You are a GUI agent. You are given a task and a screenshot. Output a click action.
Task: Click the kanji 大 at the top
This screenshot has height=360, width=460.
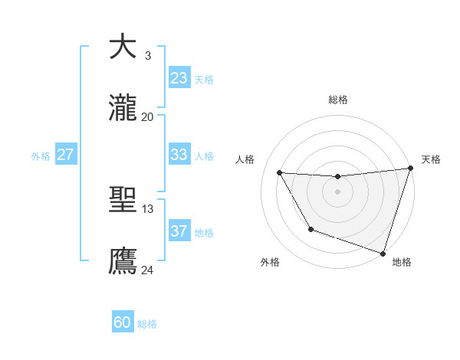coord(123,47)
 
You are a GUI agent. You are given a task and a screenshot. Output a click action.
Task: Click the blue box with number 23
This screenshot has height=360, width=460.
coord(179,78)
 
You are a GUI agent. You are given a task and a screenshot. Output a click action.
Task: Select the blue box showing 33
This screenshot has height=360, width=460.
coord(179,155)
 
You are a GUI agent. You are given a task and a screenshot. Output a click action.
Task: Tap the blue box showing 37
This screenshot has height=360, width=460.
coord(179,231)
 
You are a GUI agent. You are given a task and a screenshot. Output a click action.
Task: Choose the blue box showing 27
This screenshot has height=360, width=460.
coord(66,155)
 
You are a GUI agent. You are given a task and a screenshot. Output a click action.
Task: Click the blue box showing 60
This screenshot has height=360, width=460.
coord(123,322)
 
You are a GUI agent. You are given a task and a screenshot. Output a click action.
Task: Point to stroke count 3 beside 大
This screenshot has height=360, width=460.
coord(147,55)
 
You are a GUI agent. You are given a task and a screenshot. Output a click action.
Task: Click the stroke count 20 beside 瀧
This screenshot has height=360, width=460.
coord(147,116)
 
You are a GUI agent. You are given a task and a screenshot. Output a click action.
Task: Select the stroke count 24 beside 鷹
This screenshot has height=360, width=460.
coord(147,270)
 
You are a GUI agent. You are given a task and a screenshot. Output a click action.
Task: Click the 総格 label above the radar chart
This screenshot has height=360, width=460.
coord(338,100)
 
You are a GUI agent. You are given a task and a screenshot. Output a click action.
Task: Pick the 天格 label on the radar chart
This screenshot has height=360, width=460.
coord(431,159)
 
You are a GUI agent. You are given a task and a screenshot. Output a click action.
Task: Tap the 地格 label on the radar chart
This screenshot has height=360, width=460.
coord(402,262)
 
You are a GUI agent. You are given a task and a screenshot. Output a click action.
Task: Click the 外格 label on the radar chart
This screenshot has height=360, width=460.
coord(270,262)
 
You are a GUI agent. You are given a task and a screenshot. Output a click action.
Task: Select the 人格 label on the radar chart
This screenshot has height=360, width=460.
coord(245,159)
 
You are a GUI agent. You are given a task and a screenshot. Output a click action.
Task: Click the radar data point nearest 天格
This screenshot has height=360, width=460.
coord(410,169)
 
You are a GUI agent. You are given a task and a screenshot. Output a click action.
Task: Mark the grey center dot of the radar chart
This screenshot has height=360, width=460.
coord(337,191)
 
